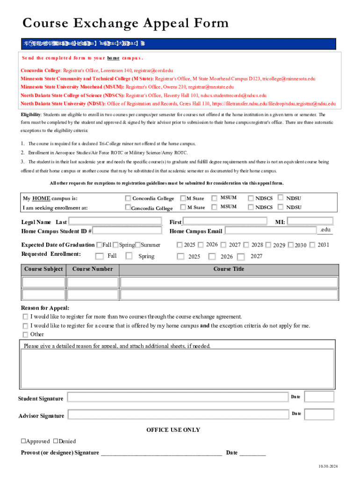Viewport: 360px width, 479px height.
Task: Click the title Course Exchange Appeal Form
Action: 125,23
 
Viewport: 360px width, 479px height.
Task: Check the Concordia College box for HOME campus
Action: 128,198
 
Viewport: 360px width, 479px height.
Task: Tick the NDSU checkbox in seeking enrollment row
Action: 281,207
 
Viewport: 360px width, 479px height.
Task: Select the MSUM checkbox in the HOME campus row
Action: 214,198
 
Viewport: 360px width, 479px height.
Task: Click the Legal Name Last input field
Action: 115,221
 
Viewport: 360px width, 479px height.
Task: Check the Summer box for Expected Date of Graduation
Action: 138,245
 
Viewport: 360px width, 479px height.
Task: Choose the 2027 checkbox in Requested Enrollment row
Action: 241,257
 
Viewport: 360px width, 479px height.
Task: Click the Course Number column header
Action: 93,269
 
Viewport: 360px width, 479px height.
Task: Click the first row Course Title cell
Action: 229,282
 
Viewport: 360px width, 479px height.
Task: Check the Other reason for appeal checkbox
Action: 25,334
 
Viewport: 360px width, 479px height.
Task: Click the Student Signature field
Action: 177,398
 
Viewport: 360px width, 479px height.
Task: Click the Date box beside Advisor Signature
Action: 319,414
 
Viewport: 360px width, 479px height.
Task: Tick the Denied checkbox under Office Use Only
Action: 56,441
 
